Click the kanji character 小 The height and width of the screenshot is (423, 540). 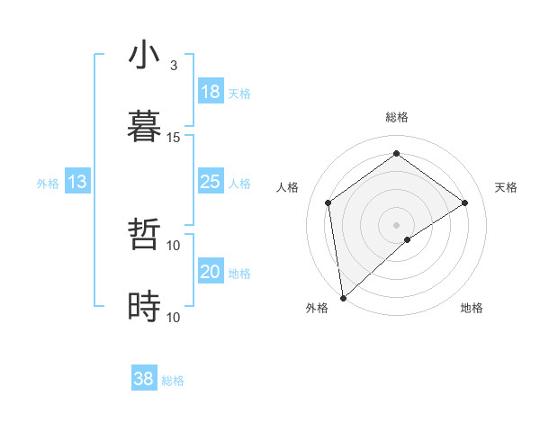click(x=144, y=56)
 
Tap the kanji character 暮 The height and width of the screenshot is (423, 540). click(x=144, y=127)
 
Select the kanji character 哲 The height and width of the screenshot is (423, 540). click(x=144, y=236)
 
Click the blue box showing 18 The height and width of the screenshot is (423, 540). click(x=211, y=92)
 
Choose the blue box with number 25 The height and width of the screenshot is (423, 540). click(x=211, y=182)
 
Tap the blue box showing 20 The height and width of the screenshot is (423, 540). click(x=211, y=272)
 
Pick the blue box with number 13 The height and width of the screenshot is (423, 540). click(x=77, y=182)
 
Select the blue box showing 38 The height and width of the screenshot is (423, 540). click(x=144, y=379)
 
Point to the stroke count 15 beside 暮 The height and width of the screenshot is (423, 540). click(x=174, y=137)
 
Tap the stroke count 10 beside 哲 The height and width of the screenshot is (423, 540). click(x=174, y=245)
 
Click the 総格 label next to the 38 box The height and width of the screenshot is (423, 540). click(x=173, y=381)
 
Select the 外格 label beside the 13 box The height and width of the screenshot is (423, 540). click(x=48, y=184)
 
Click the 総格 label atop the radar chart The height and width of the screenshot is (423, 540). click(x=397, y=117)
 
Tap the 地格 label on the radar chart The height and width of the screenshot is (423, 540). click(x=472, y=309)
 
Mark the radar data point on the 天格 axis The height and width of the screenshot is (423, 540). click(x=465, y=202)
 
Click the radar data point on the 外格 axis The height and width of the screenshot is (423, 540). click(x=343, y=297)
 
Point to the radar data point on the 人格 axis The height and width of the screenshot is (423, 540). click(x=328, y=202)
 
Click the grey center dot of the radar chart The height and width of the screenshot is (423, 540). click(x=397, y=224)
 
